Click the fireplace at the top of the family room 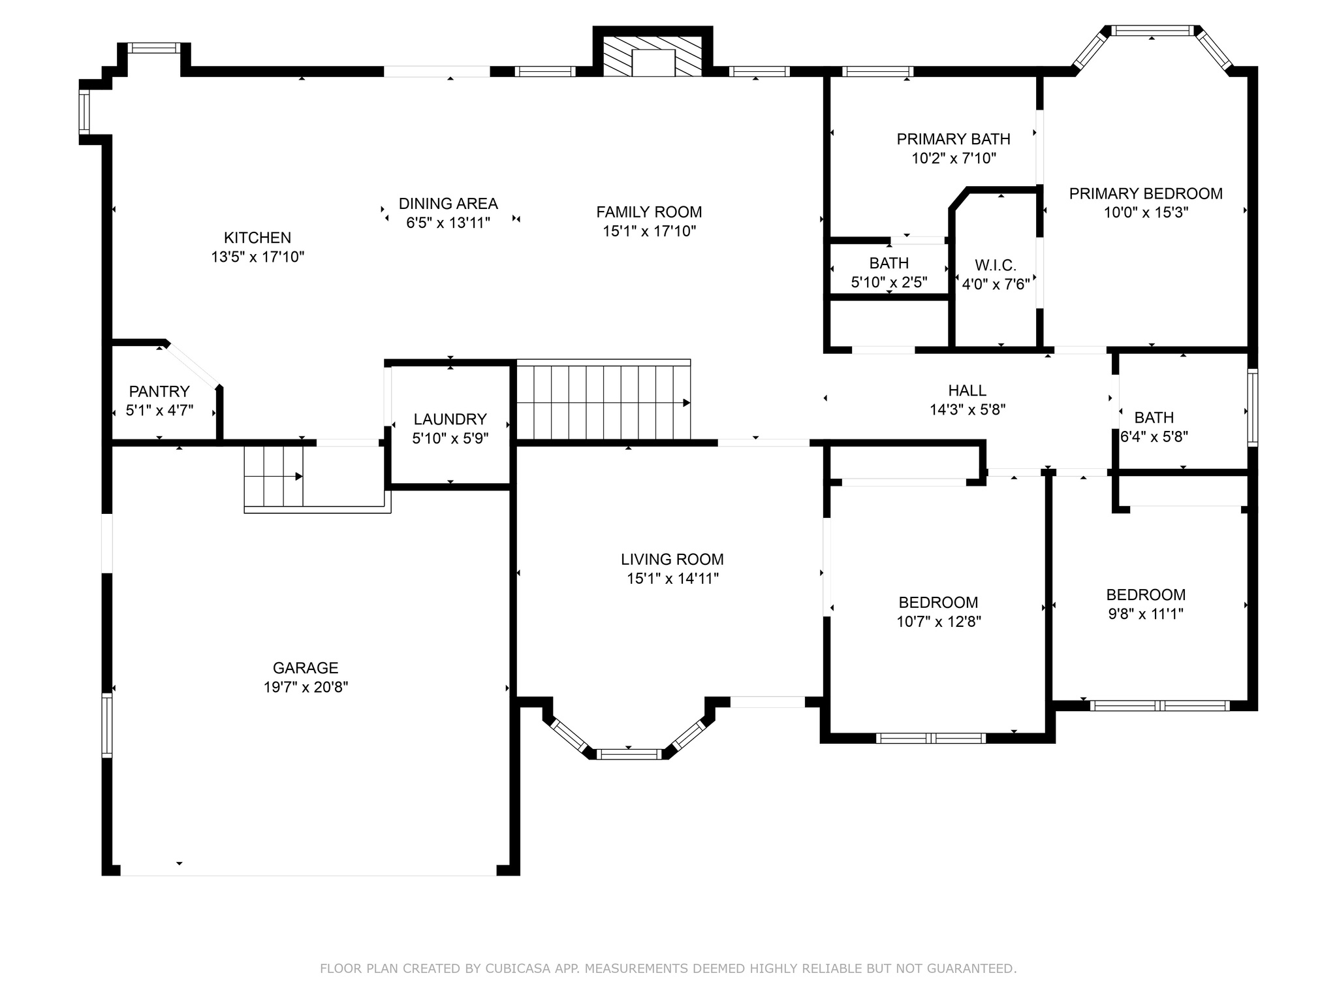[x=652, y=52]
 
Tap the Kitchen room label [x=257, y=238]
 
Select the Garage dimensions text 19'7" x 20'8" [x=306, y=687]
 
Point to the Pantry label [x=159, y=392]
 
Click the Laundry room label [x=450, y=419]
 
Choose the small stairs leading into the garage [x=274, y=476]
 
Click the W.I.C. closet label [x=996, y=265]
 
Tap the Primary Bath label [x=954, y=139]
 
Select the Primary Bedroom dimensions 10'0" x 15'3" [x=1146, y=212]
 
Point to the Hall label [x=967, y=390]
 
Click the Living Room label [x=672, y=560]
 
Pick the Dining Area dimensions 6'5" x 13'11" [x=448, y=223]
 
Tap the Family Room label [x=649, y=212]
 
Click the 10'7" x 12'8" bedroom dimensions [x=939, y=622]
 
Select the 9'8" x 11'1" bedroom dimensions [x=1146, y=614]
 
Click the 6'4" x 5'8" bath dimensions [x=1154, y=437]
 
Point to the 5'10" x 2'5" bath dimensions [x=889, y=283]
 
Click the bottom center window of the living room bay [x=629, y=754]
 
